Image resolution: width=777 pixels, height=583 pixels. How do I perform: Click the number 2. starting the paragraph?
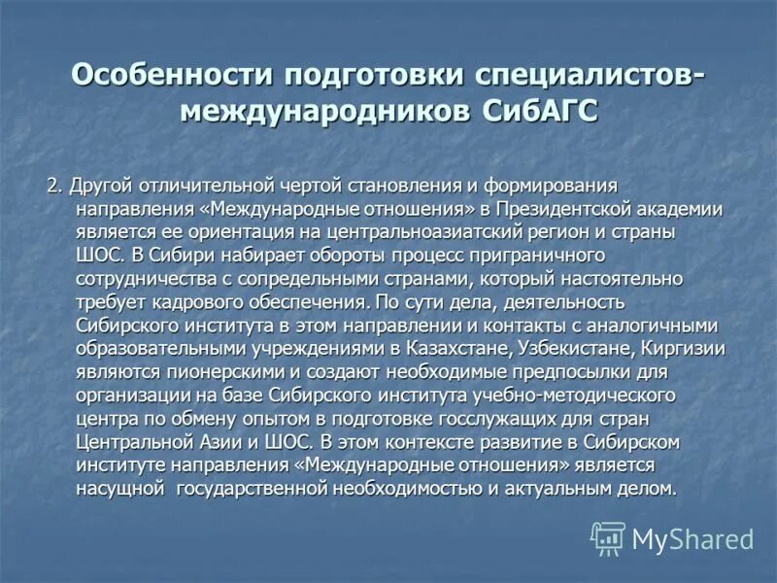pos(54,186)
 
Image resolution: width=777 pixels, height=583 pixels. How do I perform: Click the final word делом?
pos(649,489)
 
